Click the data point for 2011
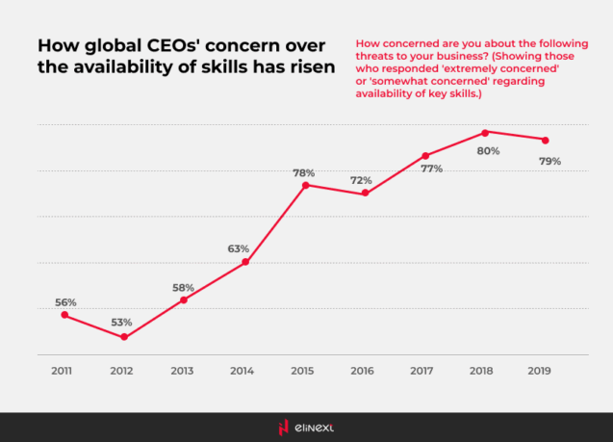tap(64, 315)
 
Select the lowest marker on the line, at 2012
tap(123, 337)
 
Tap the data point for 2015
tap(305, 185)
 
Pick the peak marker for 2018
tap(485, 132)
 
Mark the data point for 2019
tap(546, 140)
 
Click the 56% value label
tap(64, 301)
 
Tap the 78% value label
tap(304, 172)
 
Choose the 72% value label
tap(361, 180)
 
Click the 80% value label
tap(488, 151)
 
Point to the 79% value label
tap(549, 161)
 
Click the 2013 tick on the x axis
tap(183, 370)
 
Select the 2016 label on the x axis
tap(362, 370)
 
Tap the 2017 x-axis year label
tap(422, 370)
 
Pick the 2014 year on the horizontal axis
tap(243, 370)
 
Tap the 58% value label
tap(183, 287)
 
